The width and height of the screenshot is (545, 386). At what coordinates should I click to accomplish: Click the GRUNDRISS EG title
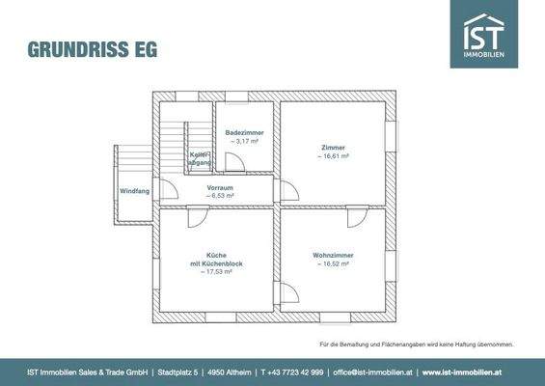pos(93,48)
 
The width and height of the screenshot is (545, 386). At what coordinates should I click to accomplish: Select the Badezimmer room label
pos(244,132)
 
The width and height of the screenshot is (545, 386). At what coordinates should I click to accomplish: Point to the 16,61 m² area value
pos(335,155)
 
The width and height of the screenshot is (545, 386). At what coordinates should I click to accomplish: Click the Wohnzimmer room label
pos(331,255)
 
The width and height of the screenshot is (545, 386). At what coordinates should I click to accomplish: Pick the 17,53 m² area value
pos(217,272)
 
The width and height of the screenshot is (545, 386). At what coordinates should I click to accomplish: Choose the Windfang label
pos(134,191)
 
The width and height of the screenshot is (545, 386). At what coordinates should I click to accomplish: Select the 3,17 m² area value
pos(244,142)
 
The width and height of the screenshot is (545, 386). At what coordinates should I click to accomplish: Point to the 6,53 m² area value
pos(221,196)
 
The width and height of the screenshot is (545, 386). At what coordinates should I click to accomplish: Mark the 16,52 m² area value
pos(331,263)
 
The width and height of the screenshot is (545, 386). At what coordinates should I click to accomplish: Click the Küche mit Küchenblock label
pos(217,259)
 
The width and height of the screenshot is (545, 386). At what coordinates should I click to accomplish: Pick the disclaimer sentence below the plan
pos(417,345)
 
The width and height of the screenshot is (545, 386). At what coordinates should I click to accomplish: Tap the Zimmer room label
pos(334,147)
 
